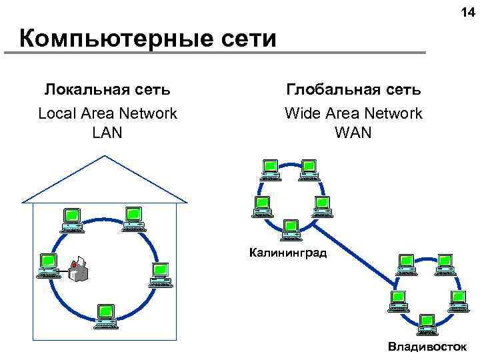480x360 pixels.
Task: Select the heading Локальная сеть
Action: [107, 89]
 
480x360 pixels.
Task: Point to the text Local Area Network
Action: [107, 113]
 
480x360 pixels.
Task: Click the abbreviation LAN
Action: [107, 133]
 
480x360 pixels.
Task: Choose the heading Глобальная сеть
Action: [353, 89]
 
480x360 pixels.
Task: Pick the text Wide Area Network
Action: [353, 113]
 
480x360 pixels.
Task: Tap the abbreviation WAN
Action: [353, 133]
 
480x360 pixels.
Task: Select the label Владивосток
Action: [428, 346]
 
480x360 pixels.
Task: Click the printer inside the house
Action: [79, 269]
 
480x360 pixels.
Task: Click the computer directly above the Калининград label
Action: [291, 229]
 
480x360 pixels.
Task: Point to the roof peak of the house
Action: [105, 156]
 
